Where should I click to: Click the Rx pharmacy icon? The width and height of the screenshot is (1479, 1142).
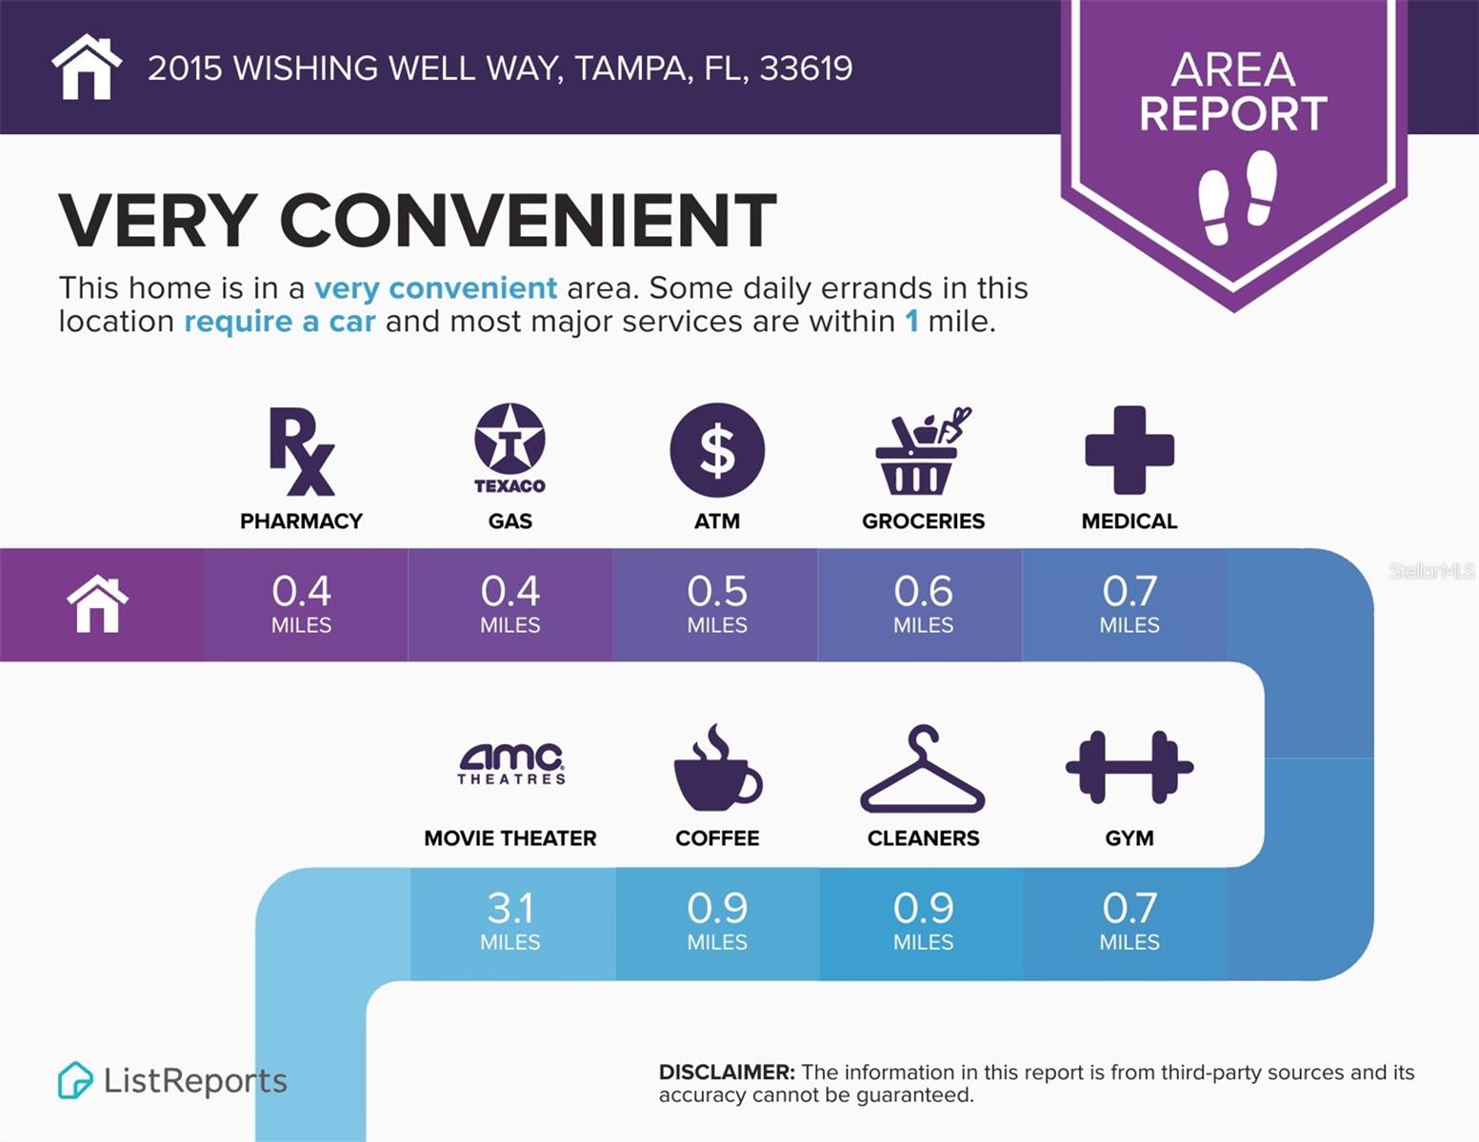(x=301, y=451)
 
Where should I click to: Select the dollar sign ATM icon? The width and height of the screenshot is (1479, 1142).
(x=717, y=450)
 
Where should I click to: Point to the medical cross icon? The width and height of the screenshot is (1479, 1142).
(x=1129, y=450)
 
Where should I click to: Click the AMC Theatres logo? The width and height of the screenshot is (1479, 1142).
(x=511, y=763)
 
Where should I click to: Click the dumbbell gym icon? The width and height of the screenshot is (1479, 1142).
(x=1129, y=767)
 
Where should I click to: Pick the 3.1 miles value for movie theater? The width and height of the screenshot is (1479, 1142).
(x=510, y=919)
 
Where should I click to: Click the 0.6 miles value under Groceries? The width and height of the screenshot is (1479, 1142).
(x=923, y=602)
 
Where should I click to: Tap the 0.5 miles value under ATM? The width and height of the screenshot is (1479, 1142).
(x=717, y=602)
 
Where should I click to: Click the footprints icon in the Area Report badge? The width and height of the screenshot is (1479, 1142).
(x=1237, y=197)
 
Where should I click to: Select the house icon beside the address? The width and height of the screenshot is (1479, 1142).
(x=87, y=67)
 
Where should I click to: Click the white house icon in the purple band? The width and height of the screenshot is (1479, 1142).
(x=97, y=604)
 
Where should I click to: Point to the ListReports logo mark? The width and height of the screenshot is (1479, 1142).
(x=75, y=1080)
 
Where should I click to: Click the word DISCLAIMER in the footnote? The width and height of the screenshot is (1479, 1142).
(x=727, y=1073)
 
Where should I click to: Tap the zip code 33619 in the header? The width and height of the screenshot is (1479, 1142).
(x=806, y=69)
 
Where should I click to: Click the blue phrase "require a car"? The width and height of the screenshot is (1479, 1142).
(x=280, y=322)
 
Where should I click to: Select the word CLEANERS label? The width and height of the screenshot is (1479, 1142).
(x=923, y=838)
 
